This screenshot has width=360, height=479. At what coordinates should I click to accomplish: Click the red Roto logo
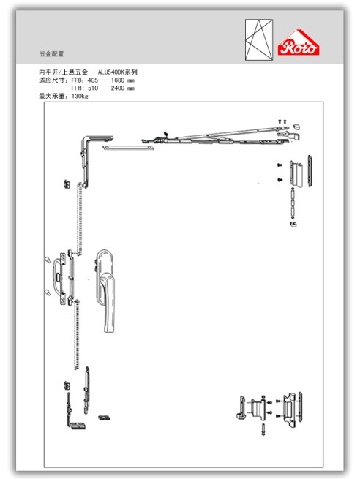point(299,42)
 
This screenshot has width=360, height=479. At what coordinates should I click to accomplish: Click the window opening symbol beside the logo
point(259,39)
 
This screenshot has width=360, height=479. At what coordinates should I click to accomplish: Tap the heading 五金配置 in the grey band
point(51,54)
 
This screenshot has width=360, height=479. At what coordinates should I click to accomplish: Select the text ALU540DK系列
point(118,72)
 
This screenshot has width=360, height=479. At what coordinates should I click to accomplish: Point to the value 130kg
point(80,97)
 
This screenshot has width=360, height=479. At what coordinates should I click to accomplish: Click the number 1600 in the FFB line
point(118,80)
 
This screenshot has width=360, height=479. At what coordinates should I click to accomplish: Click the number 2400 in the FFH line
point(118,88)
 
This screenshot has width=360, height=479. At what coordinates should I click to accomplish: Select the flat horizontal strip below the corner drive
point(128,148)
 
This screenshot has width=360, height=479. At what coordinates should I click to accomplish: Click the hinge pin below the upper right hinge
point(293,203)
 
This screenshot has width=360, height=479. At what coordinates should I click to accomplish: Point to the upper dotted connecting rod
point(80,219)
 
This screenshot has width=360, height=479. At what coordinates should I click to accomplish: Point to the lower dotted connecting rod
point(77,334)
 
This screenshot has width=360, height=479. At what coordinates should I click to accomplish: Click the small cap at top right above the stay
point(297,126)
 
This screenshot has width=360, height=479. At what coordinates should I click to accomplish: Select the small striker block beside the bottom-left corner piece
point(104,418)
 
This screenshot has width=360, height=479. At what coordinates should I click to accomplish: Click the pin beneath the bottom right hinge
point(263,429)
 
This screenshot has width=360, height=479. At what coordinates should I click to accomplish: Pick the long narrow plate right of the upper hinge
point(310,171)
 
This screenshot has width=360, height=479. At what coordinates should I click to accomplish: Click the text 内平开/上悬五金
point(63,72)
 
